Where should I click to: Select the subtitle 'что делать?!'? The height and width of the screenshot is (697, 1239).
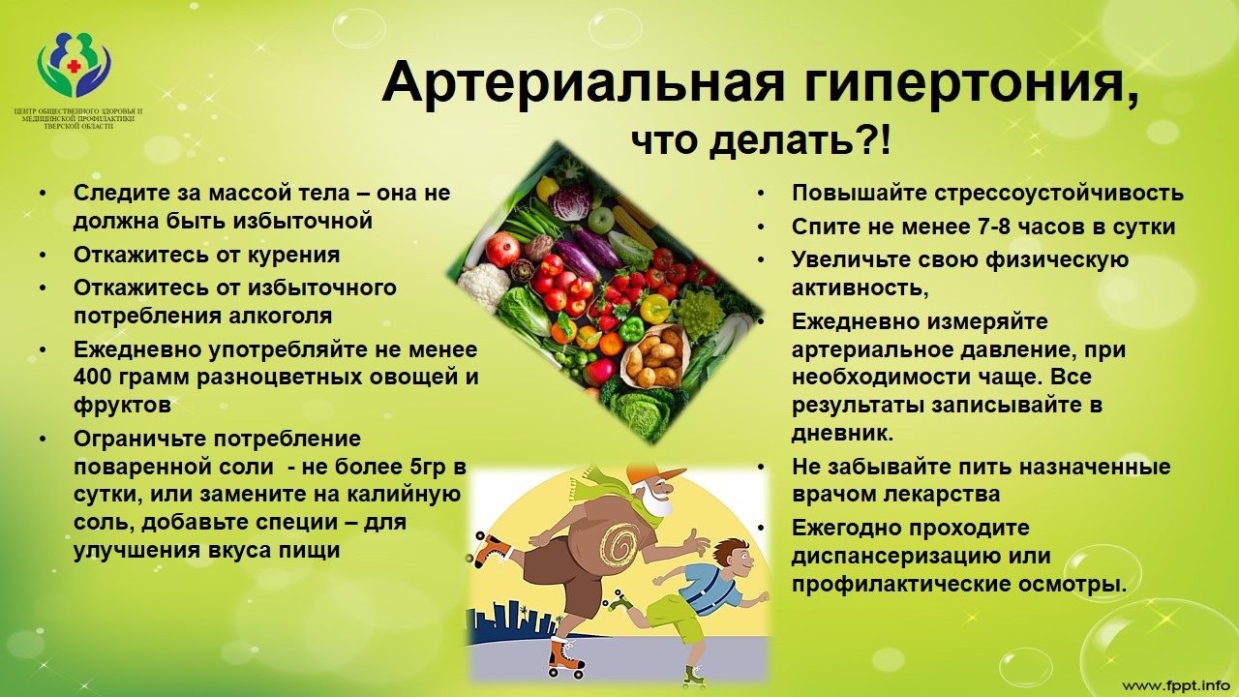click(760, 142)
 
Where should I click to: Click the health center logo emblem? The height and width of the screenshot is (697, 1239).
click(74, 66)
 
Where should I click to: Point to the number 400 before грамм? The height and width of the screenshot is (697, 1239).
click(95, 377)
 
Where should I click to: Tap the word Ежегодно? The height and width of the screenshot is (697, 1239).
click(849, 529)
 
